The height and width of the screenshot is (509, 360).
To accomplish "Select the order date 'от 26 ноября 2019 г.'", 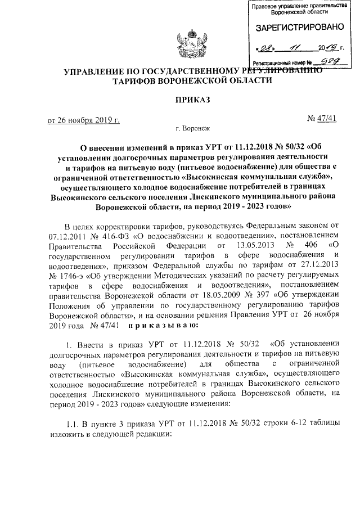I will click(x=84, y=120).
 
